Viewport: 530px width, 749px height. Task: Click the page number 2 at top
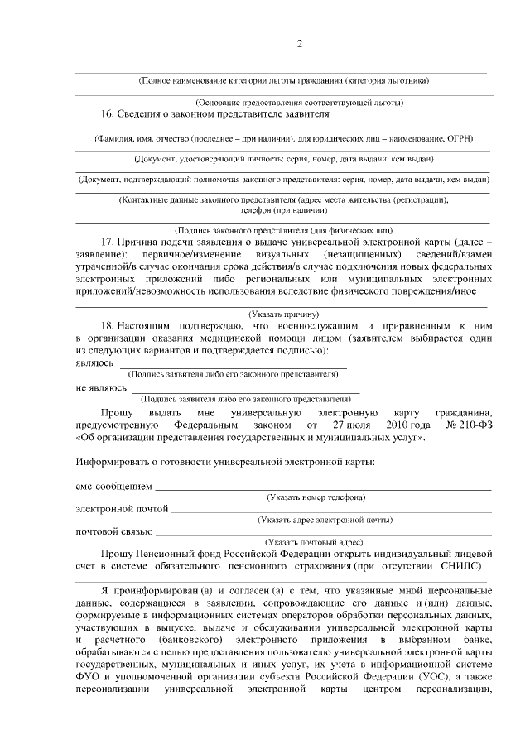click(x=300, y=44)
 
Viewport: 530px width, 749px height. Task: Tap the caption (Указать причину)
click(x=284, y=314)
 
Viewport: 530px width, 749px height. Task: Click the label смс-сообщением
click(x=114, y=486)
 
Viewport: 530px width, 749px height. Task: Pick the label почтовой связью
click(x=114, y=531)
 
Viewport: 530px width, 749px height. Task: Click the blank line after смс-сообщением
click(x=323, y=488)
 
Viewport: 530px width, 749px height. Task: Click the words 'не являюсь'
click(x=102, y=387)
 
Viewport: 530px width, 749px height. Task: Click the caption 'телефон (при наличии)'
click(x=284, y=211)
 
